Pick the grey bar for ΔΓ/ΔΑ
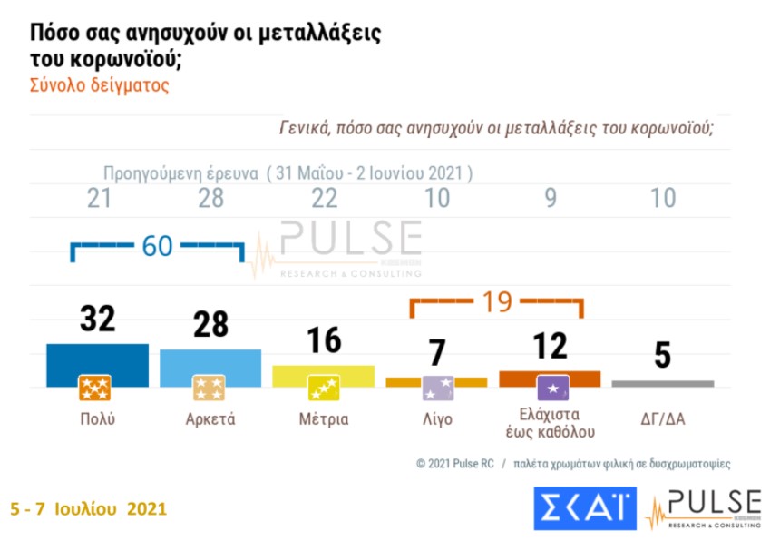tap(663, 384)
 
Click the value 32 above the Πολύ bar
tap(97, 320)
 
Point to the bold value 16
tap(324, 340)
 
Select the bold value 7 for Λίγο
tap(437, 351)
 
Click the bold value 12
tap(550, 346)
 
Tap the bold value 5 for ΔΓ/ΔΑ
tap(663, 356)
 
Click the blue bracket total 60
tap(157, 246)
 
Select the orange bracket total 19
tap(496, 302)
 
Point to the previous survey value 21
tap(98, 199)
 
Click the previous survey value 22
tap(324, 199)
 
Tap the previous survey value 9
tap(551, 199)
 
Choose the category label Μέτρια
tap(324, 419)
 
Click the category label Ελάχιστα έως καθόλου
tap(550, 422)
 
